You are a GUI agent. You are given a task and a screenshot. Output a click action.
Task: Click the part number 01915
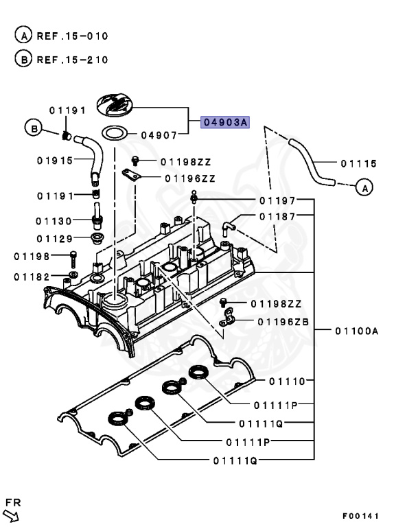[55, 161]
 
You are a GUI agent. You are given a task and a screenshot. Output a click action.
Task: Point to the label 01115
[358, 163]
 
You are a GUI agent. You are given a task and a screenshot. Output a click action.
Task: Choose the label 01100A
[357, 331]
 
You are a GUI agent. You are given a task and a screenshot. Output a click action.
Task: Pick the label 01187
[277, 216]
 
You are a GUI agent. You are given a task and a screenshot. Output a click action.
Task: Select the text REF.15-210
[73, 59]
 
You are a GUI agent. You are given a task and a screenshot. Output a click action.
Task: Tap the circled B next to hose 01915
[32, 127]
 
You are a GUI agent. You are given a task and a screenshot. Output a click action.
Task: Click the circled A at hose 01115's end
[365, 186]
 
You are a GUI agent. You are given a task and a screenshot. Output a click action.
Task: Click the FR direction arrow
[14, 513]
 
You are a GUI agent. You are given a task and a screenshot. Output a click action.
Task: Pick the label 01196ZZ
[189, 178]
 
